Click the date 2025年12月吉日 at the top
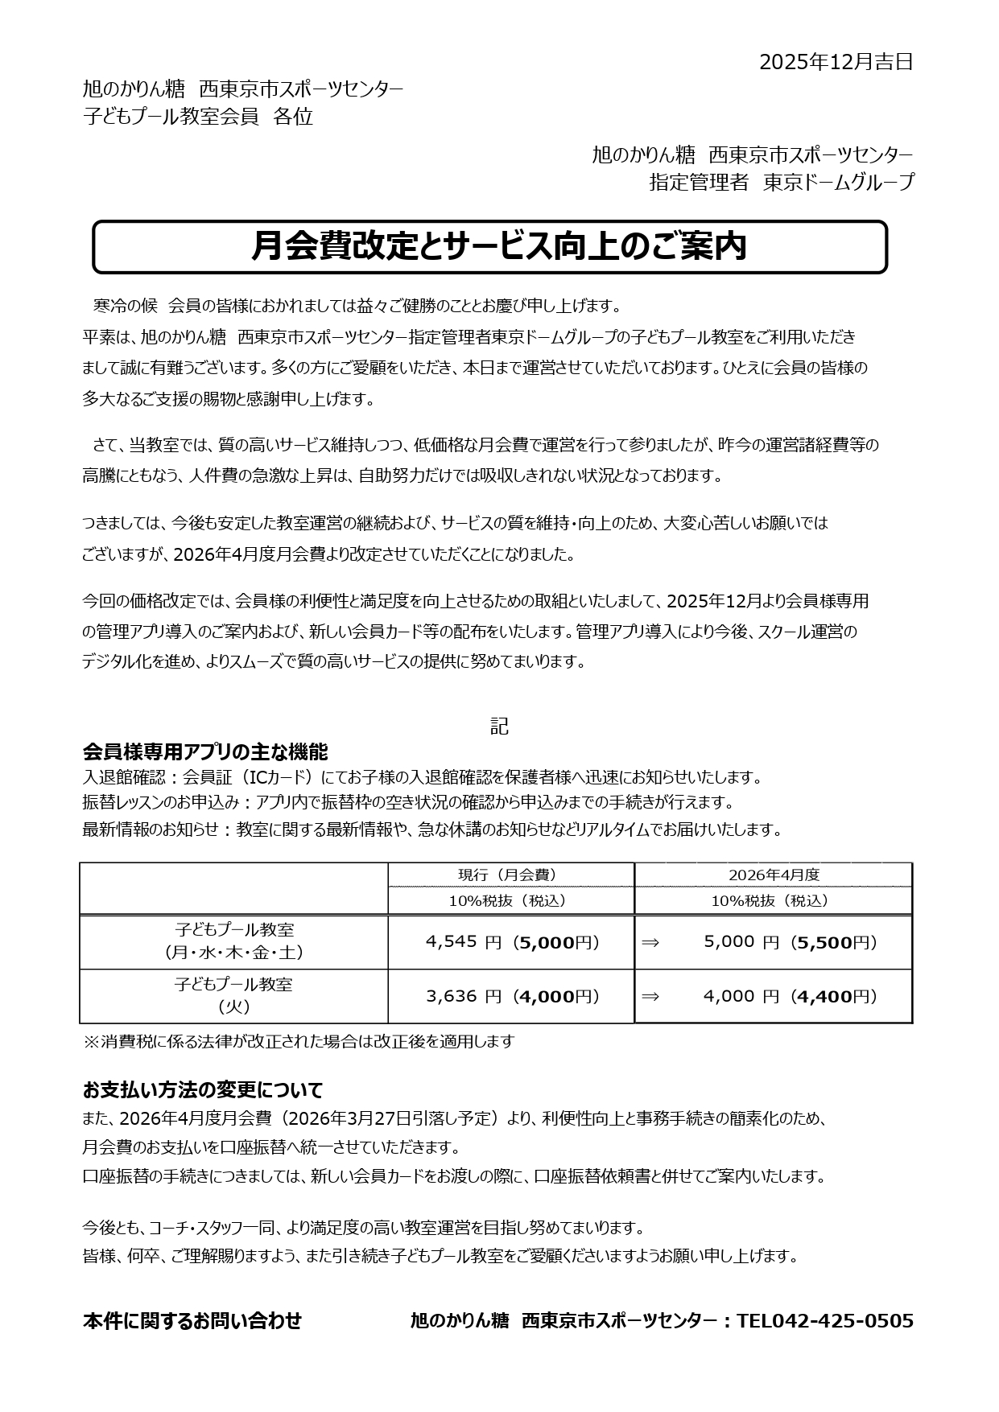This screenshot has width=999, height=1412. click(x=836, y=62)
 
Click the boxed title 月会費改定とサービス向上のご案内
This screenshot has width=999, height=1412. click(x=499, y=246)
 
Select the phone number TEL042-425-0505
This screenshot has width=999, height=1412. click(x=825, y=1320)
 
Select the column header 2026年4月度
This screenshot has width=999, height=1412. click(x=774, y=875)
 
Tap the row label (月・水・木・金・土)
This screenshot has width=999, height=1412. click(x=233, y=953)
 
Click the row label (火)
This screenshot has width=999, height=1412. click(x=233, y=1007)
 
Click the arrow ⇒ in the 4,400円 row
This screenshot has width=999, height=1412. click(x=650, y=996)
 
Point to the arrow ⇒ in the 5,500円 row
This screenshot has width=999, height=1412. click(x=650, y=942)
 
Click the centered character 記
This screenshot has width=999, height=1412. click(x=499, y=726)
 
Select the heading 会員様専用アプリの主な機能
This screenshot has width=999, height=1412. click(x=205, y=752)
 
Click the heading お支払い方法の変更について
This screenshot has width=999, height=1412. click(x=203, y=1090)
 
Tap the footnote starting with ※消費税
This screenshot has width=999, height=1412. click(x=299, y=1041)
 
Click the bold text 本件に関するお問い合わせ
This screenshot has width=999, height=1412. click(x=192, y=1320)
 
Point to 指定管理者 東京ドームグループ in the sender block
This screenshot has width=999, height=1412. click(x=781, y=183)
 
